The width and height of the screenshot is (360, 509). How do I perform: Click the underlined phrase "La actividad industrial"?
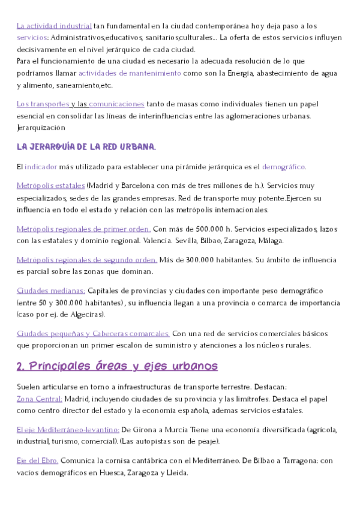54,26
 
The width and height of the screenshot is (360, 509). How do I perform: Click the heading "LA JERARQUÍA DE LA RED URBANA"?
86,147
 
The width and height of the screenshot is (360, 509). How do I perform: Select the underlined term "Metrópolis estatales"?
51,185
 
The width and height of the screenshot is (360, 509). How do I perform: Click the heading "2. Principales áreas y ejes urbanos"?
117,366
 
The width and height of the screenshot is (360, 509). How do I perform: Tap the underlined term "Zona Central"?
40,398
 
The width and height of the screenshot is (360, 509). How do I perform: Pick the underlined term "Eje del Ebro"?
37,460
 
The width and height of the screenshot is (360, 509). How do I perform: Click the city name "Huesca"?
110,472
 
